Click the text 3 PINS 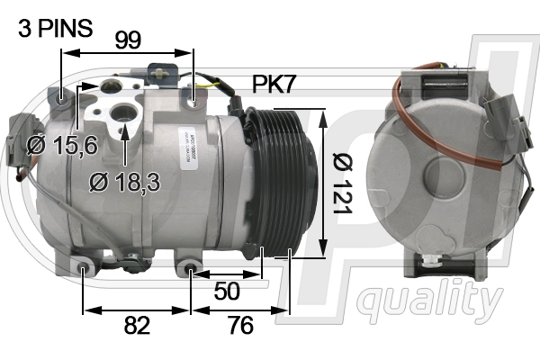pos(55,28)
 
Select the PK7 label pos(274,85)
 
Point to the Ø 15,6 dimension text pos(62,145)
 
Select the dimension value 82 pos(137,325)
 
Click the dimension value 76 pos(240,325)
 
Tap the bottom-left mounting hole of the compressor pos(83,267)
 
